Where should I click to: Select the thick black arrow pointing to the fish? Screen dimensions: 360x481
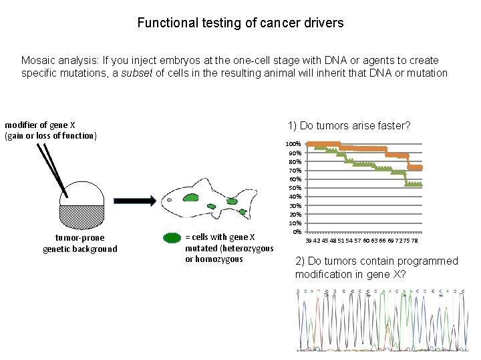134,200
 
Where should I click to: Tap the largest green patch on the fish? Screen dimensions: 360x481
192,197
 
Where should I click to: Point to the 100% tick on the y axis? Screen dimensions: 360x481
293,144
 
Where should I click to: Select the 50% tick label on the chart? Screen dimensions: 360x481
293,187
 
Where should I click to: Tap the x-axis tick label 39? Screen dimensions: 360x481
309,241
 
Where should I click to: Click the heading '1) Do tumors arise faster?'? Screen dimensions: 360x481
349,125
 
